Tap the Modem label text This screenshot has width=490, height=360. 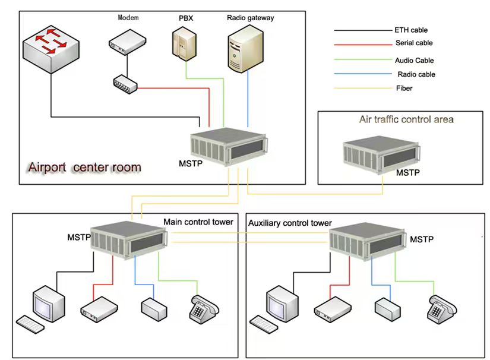(x=128, y=18)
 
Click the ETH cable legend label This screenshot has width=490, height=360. (x=410, y=30)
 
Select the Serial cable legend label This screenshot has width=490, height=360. (x=414, y=43)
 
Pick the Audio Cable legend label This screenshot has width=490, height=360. (x=414, y=60)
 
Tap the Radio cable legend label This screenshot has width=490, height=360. (x=416, y=74)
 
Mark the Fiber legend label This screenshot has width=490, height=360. (x=404, y=89)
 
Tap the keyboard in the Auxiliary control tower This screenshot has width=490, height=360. (x=268, y=324)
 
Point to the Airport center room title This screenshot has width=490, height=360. (x=84, y=167)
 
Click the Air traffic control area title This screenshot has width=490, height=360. (x=406, y=119)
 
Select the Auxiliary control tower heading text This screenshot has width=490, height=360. (x=289, y=223)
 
